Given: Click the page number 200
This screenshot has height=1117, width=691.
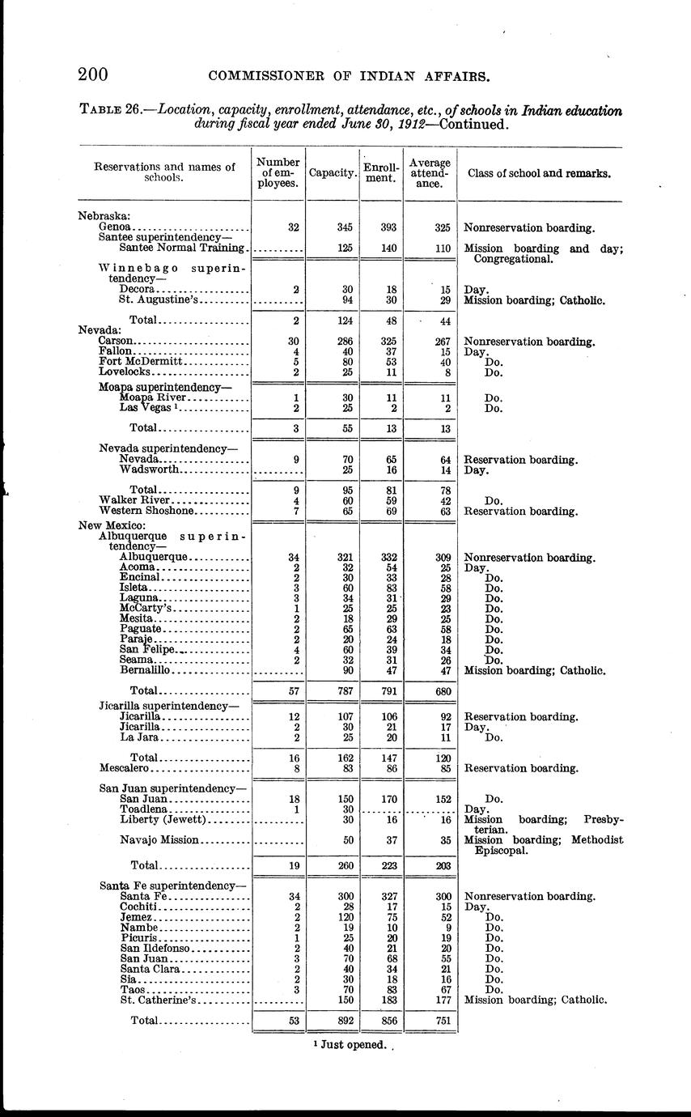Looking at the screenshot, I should coord(93,75).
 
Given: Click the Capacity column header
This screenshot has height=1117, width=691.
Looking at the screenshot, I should coord(333,173).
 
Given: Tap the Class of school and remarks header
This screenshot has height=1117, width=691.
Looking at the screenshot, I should coord(540,173).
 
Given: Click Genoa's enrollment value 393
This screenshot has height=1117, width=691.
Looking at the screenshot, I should coord(388,228).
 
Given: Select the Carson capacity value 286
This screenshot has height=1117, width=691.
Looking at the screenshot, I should coord(344,342).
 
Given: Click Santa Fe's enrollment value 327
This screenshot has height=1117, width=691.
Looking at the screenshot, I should coord(388,897).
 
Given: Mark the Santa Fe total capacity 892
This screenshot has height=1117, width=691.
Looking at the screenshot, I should coord(344,1021).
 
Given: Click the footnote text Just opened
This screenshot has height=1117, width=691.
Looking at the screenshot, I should coord(354,1045).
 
